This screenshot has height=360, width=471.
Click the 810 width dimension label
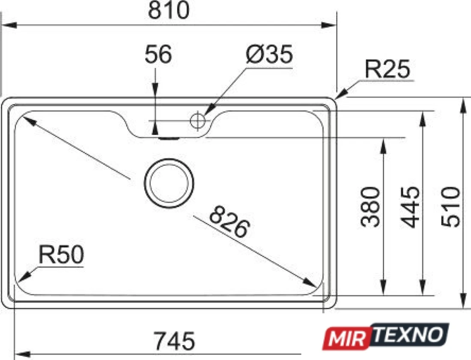point(169,10)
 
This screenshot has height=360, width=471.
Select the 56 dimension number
point(158,54)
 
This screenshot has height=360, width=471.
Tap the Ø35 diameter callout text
point(269,54)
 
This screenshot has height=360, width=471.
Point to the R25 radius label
point(387,69)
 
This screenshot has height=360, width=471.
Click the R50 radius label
point(61,255)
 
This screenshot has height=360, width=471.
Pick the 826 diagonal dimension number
point(230,222)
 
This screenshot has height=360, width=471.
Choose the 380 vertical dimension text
point(370,207)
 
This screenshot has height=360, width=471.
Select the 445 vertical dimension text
point(410,207)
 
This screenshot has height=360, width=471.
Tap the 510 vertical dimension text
point(450,207)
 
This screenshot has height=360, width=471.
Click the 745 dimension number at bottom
point(174,341)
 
